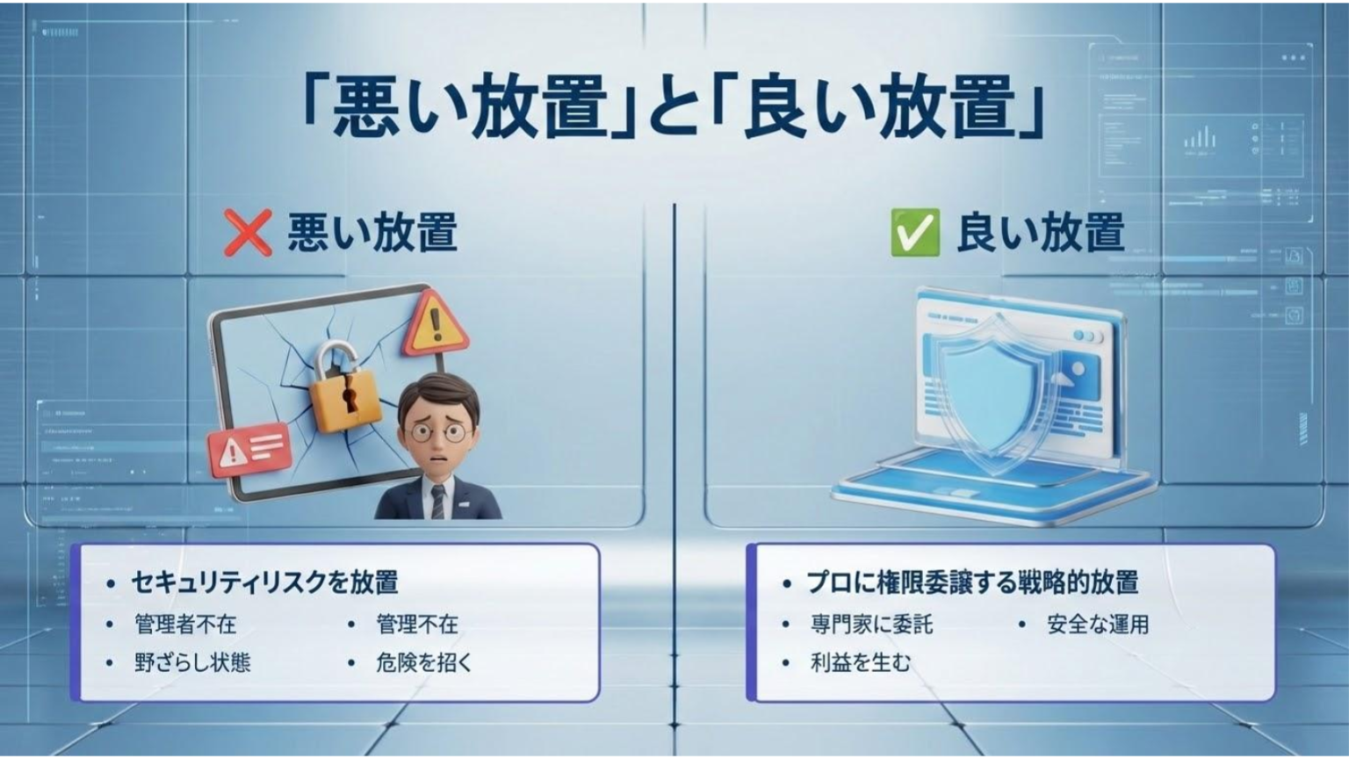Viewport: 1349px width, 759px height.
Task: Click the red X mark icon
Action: coord(247,233)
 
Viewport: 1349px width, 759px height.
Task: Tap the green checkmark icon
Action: coord(914,233)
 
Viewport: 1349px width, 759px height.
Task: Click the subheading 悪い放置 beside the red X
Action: coord(372,233)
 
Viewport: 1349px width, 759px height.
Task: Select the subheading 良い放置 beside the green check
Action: coord(1040,233)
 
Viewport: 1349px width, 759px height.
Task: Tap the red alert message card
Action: coord(249,449)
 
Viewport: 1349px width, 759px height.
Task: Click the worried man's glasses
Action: coord(437,431)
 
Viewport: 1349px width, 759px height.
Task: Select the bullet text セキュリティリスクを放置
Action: coord(264,582)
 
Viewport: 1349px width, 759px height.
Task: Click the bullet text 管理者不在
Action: coord(185,624)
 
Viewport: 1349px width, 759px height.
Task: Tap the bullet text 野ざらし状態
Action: coord(192,661)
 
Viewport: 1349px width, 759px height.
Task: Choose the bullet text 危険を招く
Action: coord(424,661)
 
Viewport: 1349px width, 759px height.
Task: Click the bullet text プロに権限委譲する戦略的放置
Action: coord(972,582)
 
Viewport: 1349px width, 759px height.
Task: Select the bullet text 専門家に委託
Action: coord(871,624)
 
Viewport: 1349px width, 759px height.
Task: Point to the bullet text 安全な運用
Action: coord(1098,624)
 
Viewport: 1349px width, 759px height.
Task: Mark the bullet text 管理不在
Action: coord(417,624)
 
